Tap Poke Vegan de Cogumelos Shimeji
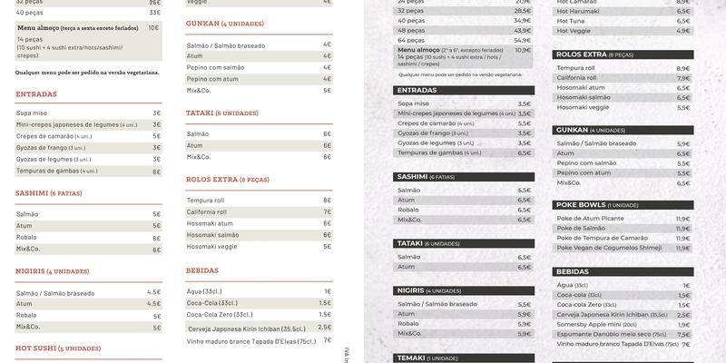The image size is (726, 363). [609, 248]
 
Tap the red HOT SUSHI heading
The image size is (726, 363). [58, 348]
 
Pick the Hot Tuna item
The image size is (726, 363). [572, 21]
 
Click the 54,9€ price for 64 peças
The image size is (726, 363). [522, 40]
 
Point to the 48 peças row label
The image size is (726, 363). [411, 30]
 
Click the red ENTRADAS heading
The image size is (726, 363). [36, 94]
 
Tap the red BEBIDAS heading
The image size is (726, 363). [202, 270]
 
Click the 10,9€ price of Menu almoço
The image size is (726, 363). [523, 51]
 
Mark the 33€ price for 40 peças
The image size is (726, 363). [154, 13]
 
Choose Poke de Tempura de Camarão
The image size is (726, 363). [603, 238]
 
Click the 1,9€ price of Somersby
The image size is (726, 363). [684, 324]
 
